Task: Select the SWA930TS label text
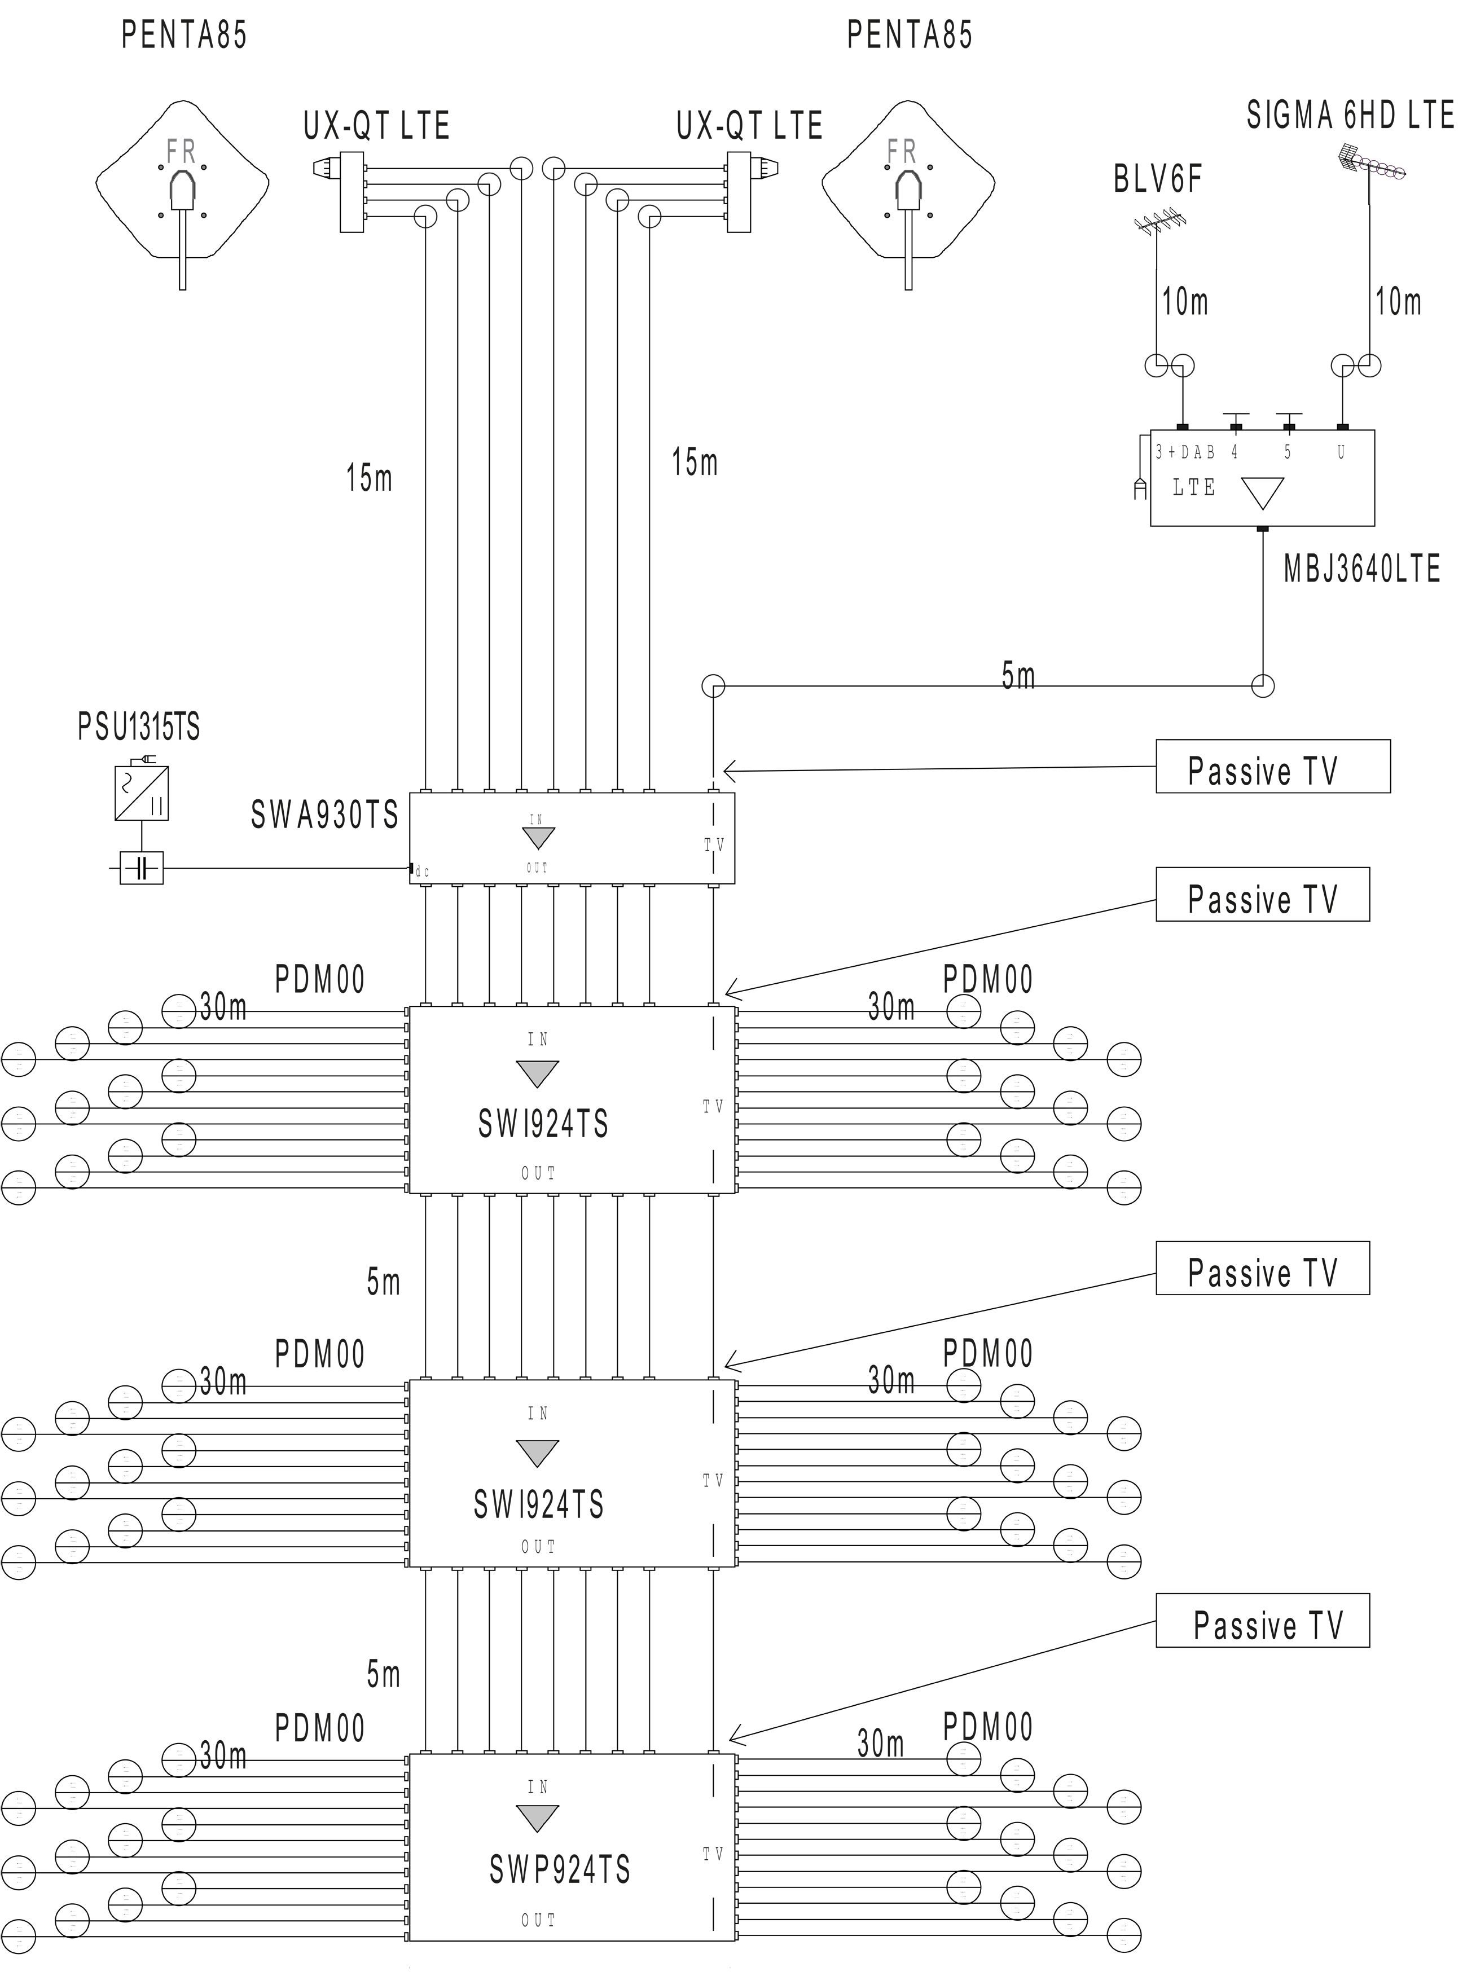pos(324,815)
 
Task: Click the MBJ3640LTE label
pos(1361,569)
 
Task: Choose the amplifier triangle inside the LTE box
pos(1263,492)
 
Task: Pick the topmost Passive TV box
pos(1272,767)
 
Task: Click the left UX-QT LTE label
pos(376,126)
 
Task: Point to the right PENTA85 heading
pos(910,36)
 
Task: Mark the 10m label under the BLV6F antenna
pos(1185,302)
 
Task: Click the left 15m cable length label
pos(369,478)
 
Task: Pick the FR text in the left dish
pos(181,152)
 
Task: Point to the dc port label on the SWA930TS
pos(423,872)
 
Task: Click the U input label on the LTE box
pos(1341,453)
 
